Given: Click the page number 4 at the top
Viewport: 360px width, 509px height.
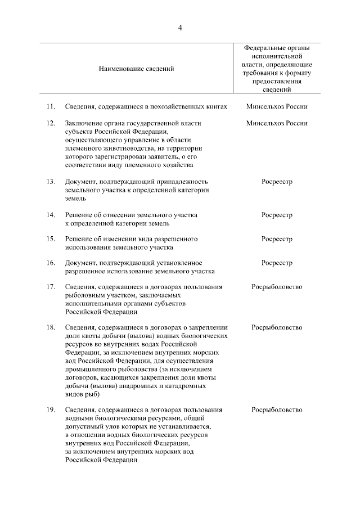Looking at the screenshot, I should pyautogui.click(x=180, y=28).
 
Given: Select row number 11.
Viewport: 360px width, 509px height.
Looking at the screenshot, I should pyautogui.click(x=51, y=106).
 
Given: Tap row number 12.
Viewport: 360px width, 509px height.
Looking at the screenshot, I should pyautogui.click(x=51, y=123).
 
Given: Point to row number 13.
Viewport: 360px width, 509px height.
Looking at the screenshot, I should pyautogui.click(x=51, y=182).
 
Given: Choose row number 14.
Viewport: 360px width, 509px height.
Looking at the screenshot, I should pyautogui.click(x=51, y=215).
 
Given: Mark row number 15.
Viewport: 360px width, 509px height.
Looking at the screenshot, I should pyautogui.click(x=51, y=239).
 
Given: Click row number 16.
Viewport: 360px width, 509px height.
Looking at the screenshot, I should pyautogui.click(x=51, y=263).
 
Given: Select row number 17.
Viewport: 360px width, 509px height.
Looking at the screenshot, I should pyautogui.click(x=51, y=287).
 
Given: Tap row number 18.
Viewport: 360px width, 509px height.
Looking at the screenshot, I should pyautogui.click(x=51, y=327).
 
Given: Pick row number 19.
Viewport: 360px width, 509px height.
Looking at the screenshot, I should pyautogui.click(x=51, y=410).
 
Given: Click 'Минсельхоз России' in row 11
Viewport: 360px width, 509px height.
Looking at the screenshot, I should pyautogui.click(x=277, y=106).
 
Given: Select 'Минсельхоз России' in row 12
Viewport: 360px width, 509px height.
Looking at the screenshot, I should pyautogui.click(x=277, y=123).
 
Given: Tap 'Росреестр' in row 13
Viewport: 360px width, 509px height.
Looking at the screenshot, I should pyautogui.click(x=277, y=182).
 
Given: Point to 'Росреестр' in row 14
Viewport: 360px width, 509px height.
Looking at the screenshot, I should pyautogui.click(x=277, y=215).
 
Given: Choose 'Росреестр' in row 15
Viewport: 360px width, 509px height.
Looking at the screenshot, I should pyautogui.click(x=277, y=239).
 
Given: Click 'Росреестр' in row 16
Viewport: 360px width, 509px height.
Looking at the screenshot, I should pyautogui.click(x=277, y=263).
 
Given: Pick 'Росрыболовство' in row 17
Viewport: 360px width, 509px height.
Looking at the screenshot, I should pyautogui.click(x=277, y=287).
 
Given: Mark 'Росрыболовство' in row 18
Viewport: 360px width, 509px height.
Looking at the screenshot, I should pyautogui.click(x=277, y=327).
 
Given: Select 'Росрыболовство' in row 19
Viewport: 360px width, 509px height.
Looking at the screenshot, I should pyautogui.click(x=277, y=410).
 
